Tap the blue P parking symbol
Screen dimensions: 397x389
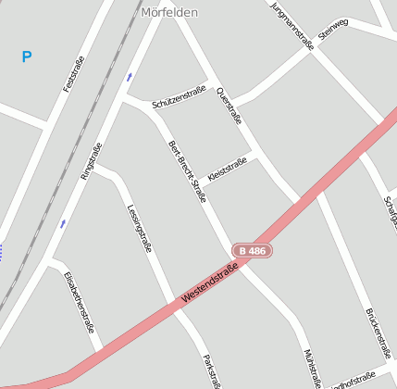27,57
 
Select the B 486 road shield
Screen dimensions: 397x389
252,250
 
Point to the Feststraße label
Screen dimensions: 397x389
73,74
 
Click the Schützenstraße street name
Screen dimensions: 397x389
179,95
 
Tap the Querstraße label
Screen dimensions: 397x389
229,106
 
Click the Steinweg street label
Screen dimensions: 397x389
333,29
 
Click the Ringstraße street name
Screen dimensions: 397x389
91,160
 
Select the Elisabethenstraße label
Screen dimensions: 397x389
80,301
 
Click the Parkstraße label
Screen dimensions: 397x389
212,370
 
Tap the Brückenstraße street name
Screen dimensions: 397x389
379,333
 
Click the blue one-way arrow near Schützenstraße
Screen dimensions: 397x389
130,77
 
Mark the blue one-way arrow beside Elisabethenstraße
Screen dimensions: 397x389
63,223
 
